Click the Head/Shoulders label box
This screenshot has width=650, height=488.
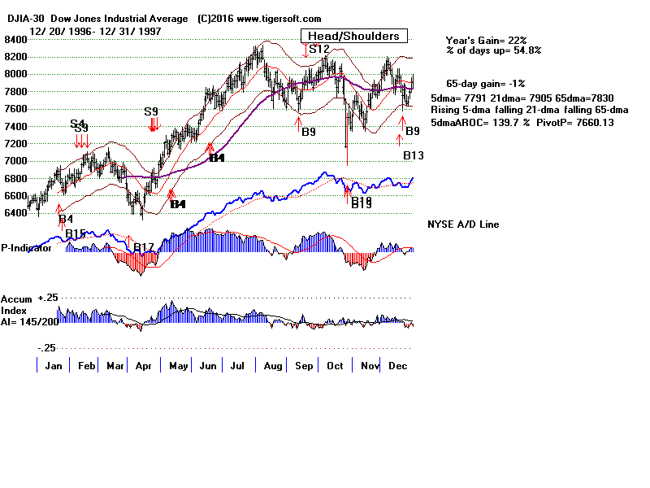click(x=353, y=36)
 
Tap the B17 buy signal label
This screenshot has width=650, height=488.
click(x=144, y=247)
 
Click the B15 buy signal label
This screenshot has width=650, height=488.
click(x=76, y=234)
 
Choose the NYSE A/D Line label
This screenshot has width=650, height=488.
click(x=463, y=224)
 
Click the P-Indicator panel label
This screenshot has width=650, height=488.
click(x=27, y=248)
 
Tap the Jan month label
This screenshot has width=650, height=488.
click(x=54, y=366)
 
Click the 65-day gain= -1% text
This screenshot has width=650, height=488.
click(x=485, y=84)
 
